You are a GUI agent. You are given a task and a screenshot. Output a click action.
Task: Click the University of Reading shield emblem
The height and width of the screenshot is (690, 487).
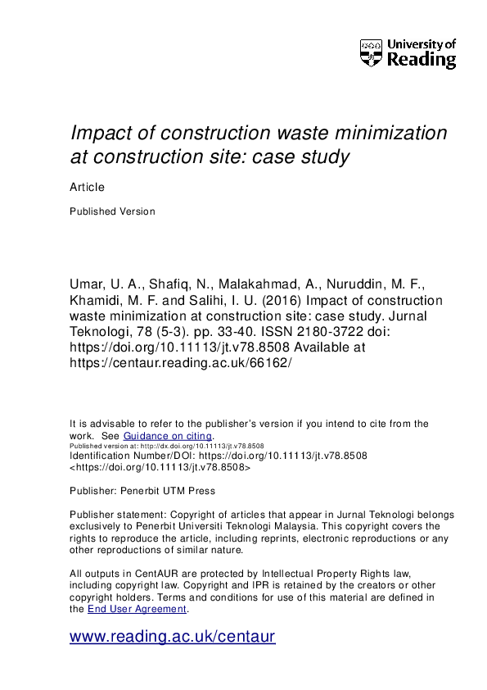(x=372, y=52)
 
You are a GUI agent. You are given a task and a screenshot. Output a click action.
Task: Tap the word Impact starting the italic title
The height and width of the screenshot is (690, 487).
(x=98, y=134)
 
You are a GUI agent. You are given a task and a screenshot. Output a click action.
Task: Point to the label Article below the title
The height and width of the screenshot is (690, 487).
(x=88, y=187)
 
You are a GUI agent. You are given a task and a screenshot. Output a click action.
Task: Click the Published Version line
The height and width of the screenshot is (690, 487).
(x=112, y=211)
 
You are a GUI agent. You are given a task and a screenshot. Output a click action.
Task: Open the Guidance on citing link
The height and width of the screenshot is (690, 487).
(x=168, y=436)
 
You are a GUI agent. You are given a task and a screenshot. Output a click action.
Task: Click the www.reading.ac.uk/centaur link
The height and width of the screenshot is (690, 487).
(x=172, y=637)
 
